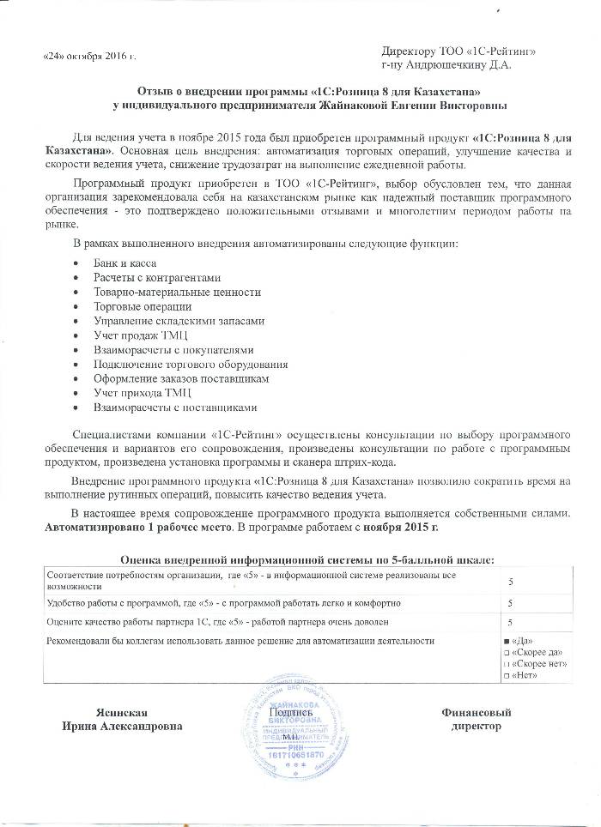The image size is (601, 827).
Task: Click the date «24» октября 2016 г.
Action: tap(89, 56)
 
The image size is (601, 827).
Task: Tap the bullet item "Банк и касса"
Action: tap(124, 262)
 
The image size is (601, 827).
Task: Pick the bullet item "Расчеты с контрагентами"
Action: tap(157, 277)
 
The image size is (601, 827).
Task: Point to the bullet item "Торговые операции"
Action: tap(142, 305)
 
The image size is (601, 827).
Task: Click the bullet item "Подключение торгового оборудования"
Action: tap(191, 364)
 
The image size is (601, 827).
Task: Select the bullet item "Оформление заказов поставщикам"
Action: tap(181, 377)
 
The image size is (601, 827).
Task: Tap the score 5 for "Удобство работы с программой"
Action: tap(511, 601)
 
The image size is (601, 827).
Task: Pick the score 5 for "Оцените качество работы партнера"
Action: tap(511, 621)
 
